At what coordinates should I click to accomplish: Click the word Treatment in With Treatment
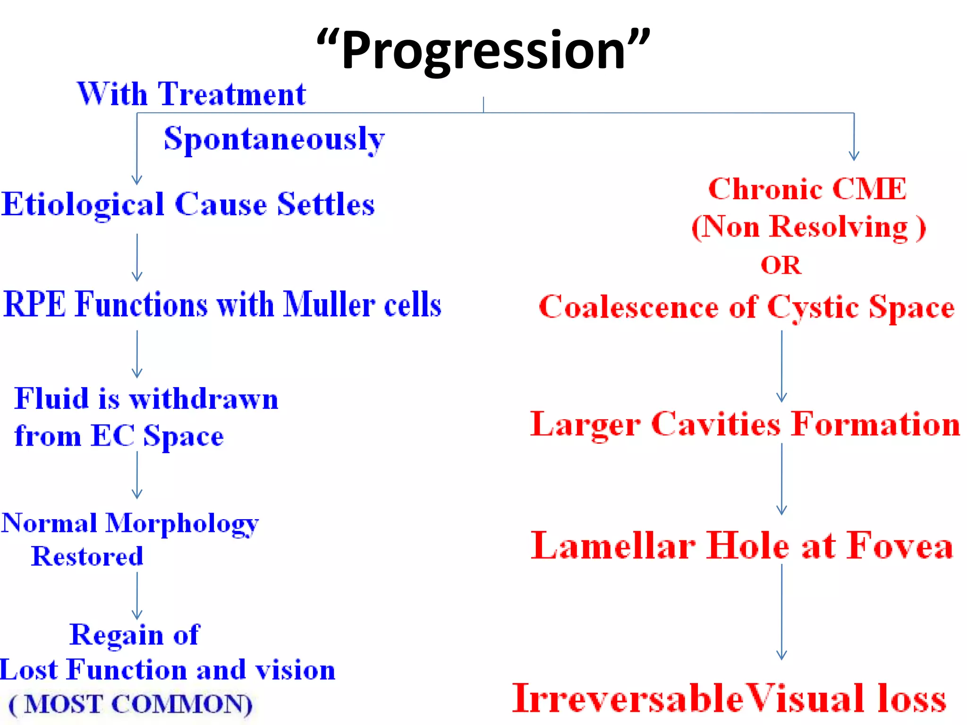pyautogui.click(x=232, y=94)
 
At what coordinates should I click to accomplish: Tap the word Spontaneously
pyautogui.click(x=274, y=139)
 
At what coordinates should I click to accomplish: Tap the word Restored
pyautogui.click(x=87, y=556)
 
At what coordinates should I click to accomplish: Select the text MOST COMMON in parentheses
pyautogui.click(x=131, y=704)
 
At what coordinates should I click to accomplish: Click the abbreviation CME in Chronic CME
pyautogui.click(x=869, y=189)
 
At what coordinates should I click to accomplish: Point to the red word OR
pyautogui.click(x=781, y=265)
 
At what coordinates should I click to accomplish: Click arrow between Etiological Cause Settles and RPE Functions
pyautogui.click(x=137, y=257)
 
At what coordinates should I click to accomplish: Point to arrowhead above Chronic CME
pyautogui.click(x=854, y=155)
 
